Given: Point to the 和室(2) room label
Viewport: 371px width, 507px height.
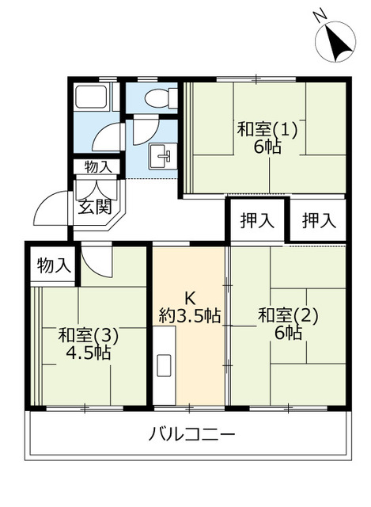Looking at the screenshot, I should [287, 314].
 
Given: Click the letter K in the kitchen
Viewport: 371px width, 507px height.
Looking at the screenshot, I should [189, 298].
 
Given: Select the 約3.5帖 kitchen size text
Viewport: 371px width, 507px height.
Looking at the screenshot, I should [189, 316].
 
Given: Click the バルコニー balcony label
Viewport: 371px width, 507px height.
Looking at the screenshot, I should [191, 434].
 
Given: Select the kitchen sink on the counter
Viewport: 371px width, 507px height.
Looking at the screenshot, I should [165, 366].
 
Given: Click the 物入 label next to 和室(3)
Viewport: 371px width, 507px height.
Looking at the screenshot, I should [54, 266].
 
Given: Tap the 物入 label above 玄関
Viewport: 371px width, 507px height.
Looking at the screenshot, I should [97, 167].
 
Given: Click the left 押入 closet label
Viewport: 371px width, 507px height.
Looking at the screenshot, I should [257, 221].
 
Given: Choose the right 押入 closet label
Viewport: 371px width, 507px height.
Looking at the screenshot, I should [318, 221].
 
